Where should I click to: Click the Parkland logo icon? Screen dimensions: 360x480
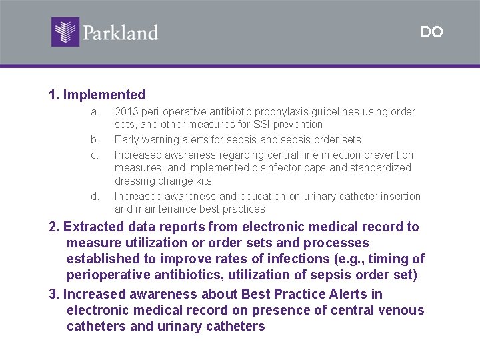click(x=65, y=31)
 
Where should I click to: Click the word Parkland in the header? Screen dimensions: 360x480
click(x=121, y=33)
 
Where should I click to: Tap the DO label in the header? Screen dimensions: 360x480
click(x=431, y=32)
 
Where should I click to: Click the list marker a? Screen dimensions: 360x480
click(x=95, y=111)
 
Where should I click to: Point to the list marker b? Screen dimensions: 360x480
click(x=95, y=139)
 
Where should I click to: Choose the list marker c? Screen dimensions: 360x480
click(x=95, y=155)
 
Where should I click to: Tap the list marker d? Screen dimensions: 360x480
click(x=95, y=196)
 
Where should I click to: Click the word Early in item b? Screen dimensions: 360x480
click(x=127, y=139)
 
